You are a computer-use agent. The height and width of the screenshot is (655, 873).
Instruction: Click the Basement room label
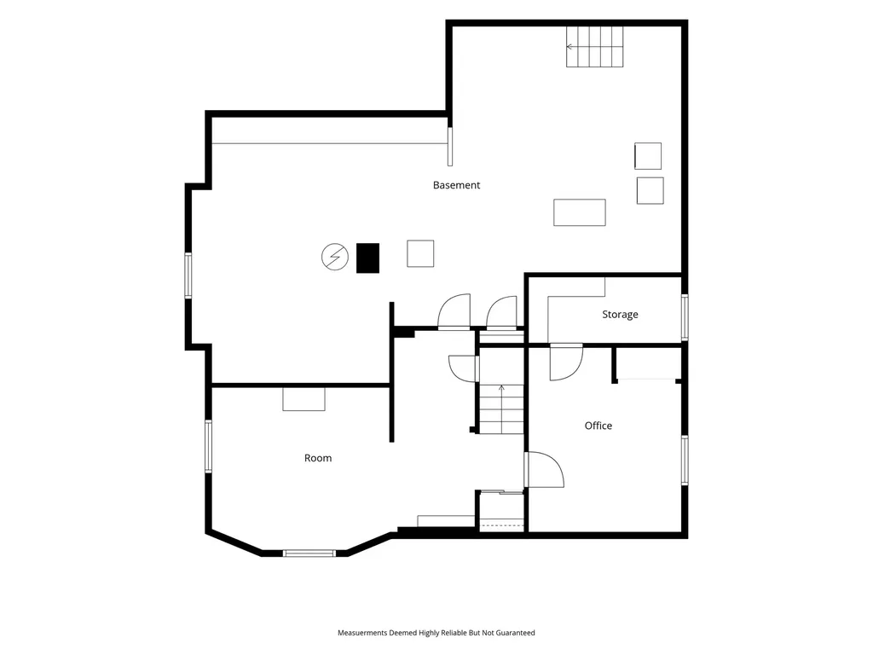pyautogui.click(x=456, y=185)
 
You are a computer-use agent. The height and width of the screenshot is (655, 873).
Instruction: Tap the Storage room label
pyautogui.click(x=620, y=314)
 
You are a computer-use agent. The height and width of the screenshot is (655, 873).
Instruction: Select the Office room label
pyautogui.click(x=598, y=426)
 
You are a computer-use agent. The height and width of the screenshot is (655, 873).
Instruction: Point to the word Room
pyautogui.click(x=318, y=458)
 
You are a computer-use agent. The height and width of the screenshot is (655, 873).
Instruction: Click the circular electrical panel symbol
pyautogui.click(x=334, y=258)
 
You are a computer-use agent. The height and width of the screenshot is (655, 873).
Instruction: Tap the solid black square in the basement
pyautogui.click(x=367, y=258)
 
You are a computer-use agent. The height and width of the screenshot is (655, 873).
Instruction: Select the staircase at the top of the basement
pyautogui.click(x=594, y=47)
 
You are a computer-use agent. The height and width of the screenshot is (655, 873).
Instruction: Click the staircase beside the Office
pyautogui.click(x=501, y=409)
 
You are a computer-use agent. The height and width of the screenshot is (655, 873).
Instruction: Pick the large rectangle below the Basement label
pyautogui.click(x=579, y=212)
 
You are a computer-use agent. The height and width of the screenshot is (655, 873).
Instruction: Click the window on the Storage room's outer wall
pyautogui.click(x=685, y=317)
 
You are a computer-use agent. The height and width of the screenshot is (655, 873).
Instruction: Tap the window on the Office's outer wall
pyautogui.click(x=685, y=460)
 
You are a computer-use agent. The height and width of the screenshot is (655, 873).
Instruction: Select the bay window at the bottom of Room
pyautogui.click(x=309, y=553)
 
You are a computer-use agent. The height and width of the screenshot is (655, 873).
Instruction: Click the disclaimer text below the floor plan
pyautogui.click(x=436, y=633)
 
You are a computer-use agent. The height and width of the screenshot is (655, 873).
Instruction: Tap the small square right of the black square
pyautogui.click(x=420, y=253)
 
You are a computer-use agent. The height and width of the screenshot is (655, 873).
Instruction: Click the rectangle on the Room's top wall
pyautogui.click(x=304, y=399)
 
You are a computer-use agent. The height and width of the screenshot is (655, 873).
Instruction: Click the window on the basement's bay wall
pyautogui.click(x=188, y=275)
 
